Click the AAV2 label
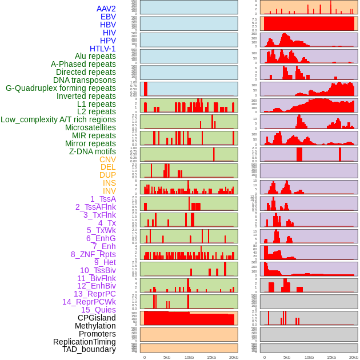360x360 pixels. pos(106,9)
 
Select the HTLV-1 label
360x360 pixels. pos(102,49)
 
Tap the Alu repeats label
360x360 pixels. pos(95,57)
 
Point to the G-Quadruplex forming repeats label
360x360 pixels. pos(61,88)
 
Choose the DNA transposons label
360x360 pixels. pos(85,80)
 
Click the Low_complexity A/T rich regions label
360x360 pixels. pos(58,119)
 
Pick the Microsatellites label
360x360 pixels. pos(90,127)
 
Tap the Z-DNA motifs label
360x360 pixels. pos(92,151)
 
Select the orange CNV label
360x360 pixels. pos(107,159)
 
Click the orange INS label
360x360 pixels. pos(109,183)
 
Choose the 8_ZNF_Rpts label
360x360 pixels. pos(93,254)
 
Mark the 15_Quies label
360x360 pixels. pos(98,310)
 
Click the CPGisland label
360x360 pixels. pos(97,318)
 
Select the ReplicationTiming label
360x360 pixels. pos(85,342)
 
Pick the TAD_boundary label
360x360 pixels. pos(89,349)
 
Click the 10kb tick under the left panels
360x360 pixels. pos(189,357)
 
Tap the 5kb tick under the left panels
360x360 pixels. pos(167,357)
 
